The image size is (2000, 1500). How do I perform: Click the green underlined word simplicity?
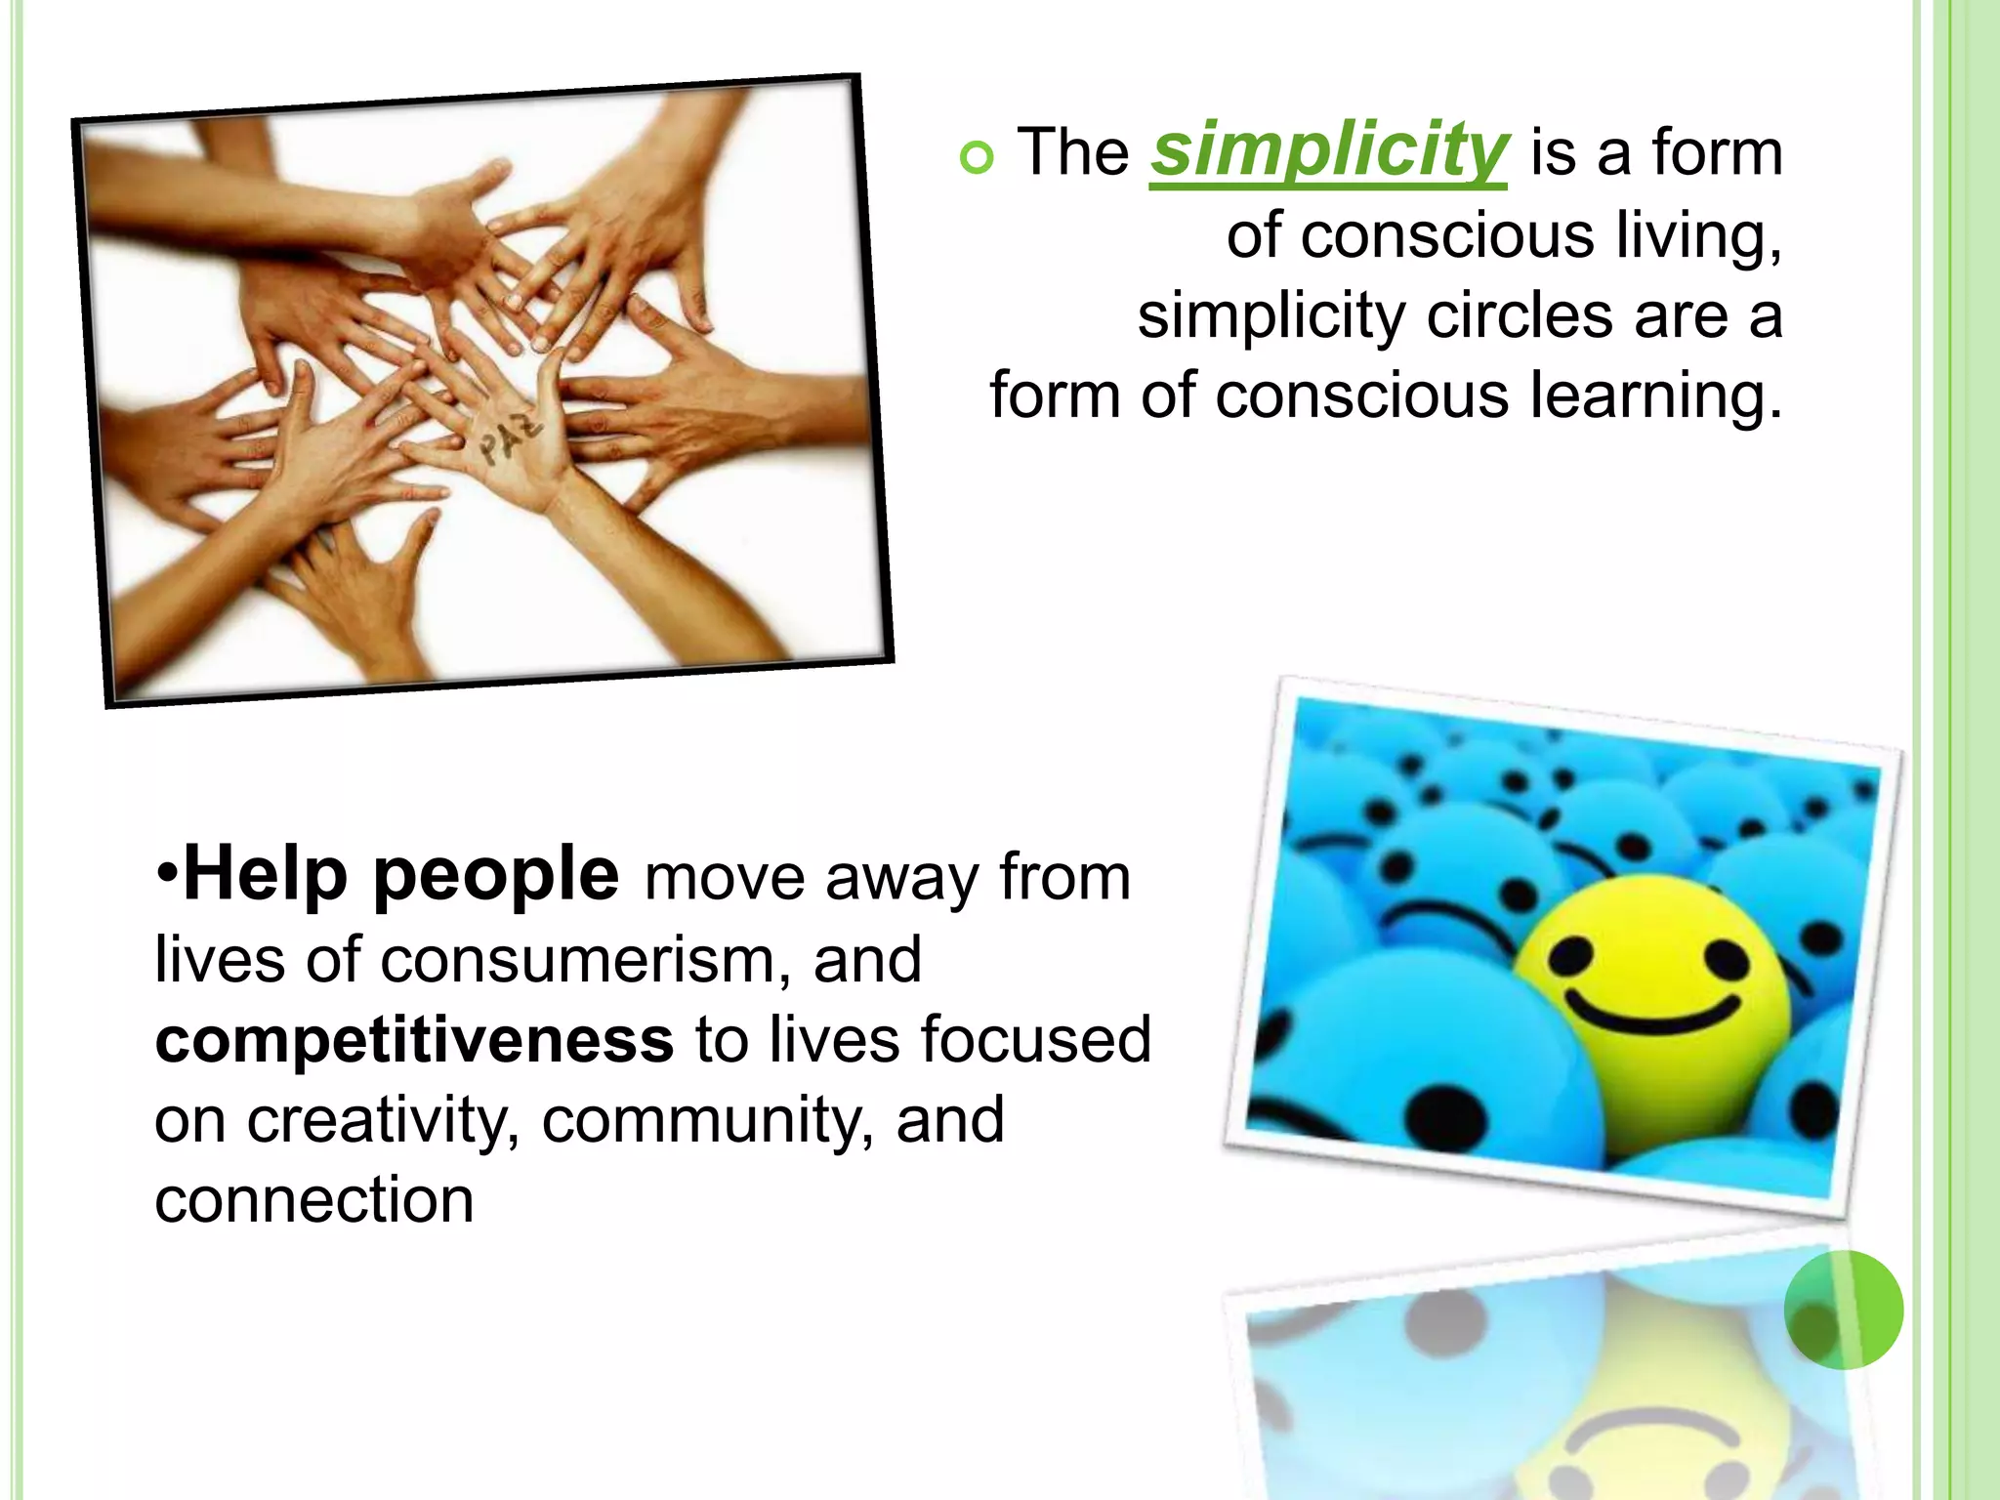[x=1328, y=152]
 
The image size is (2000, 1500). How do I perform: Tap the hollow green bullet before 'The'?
[x=976, y=157]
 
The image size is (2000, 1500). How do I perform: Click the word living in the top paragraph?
[x=1698, y=236]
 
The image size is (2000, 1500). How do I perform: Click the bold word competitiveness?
[x=414, y=1039]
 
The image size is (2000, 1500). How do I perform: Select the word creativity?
[x=382, y=1120]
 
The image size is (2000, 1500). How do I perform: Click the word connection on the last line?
[x=314, y=1200]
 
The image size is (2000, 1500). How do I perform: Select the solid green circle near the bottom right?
[x=1843, y=1309]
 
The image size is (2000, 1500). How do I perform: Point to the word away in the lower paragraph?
[x=899, y=877]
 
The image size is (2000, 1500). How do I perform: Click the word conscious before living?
[x=1446, y=236]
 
